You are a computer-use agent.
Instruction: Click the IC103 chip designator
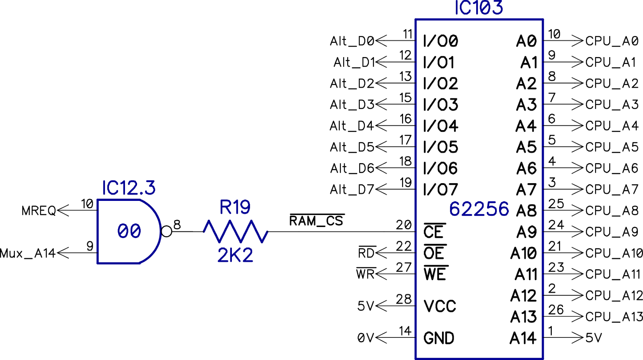tap(478, 8)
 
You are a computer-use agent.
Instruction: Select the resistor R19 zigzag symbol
tap(235, 231)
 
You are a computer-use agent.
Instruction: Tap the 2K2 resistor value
tap(235, 255)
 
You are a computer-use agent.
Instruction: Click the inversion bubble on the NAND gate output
tap(166, 231)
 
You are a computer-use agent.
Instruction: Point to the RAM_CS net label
tap(316, 221)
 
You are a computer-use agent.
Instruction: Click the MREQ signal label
tap(39, 211)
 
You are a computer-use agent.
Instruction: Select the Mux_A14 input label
tap(27, 254)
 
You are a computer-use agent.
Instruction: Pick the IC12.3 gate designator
tap(129, 188)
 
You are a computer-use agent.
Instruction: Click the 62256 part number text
tap(479, 209)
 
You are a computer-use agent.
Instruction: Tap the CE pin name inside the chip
tap(433, 232)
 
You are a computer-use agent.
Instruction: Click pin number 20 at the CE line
tap(403, 225)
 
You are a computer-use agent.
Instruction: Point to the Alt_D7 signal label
tap(352, 189)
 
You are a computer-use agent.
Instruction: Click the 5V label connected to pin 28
tap(365, 306)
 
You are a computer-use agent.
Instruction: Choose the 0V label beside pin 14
tap(365, 338)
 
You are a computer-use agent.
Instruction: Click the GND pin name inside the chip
tap(438, 338)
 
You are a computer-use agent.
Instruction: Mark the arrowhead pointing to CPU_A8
tap(577, 210)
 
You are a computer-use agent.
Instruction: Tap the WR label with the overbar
tap(365, 274)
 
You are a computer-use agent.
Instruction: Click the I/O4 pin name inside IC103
tap(440, 126)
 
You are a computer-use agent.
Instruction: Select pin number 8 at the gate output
tap(177, 224)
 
